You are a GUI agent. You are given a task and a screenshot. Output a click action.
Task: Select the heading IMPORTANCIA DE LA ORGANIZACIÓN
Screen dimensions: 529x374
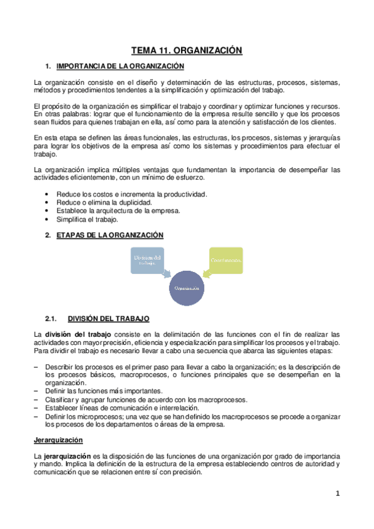pos(120,66)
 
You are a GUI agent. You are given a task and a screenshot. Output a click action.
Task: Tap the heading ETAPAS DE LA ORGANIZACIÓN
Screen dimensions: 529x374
pos(110,235)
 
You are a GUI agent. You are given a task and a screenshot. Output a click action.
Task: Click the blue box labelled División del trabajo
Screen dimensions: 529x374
pos(147,259)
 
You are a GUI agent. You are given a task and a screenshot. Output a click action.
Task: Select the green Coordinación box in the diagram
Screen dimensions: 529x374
pos(225,259)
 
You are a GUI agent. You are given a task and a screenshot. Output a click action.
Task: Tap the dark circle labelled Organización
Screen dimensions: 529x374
pos(187,288)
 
